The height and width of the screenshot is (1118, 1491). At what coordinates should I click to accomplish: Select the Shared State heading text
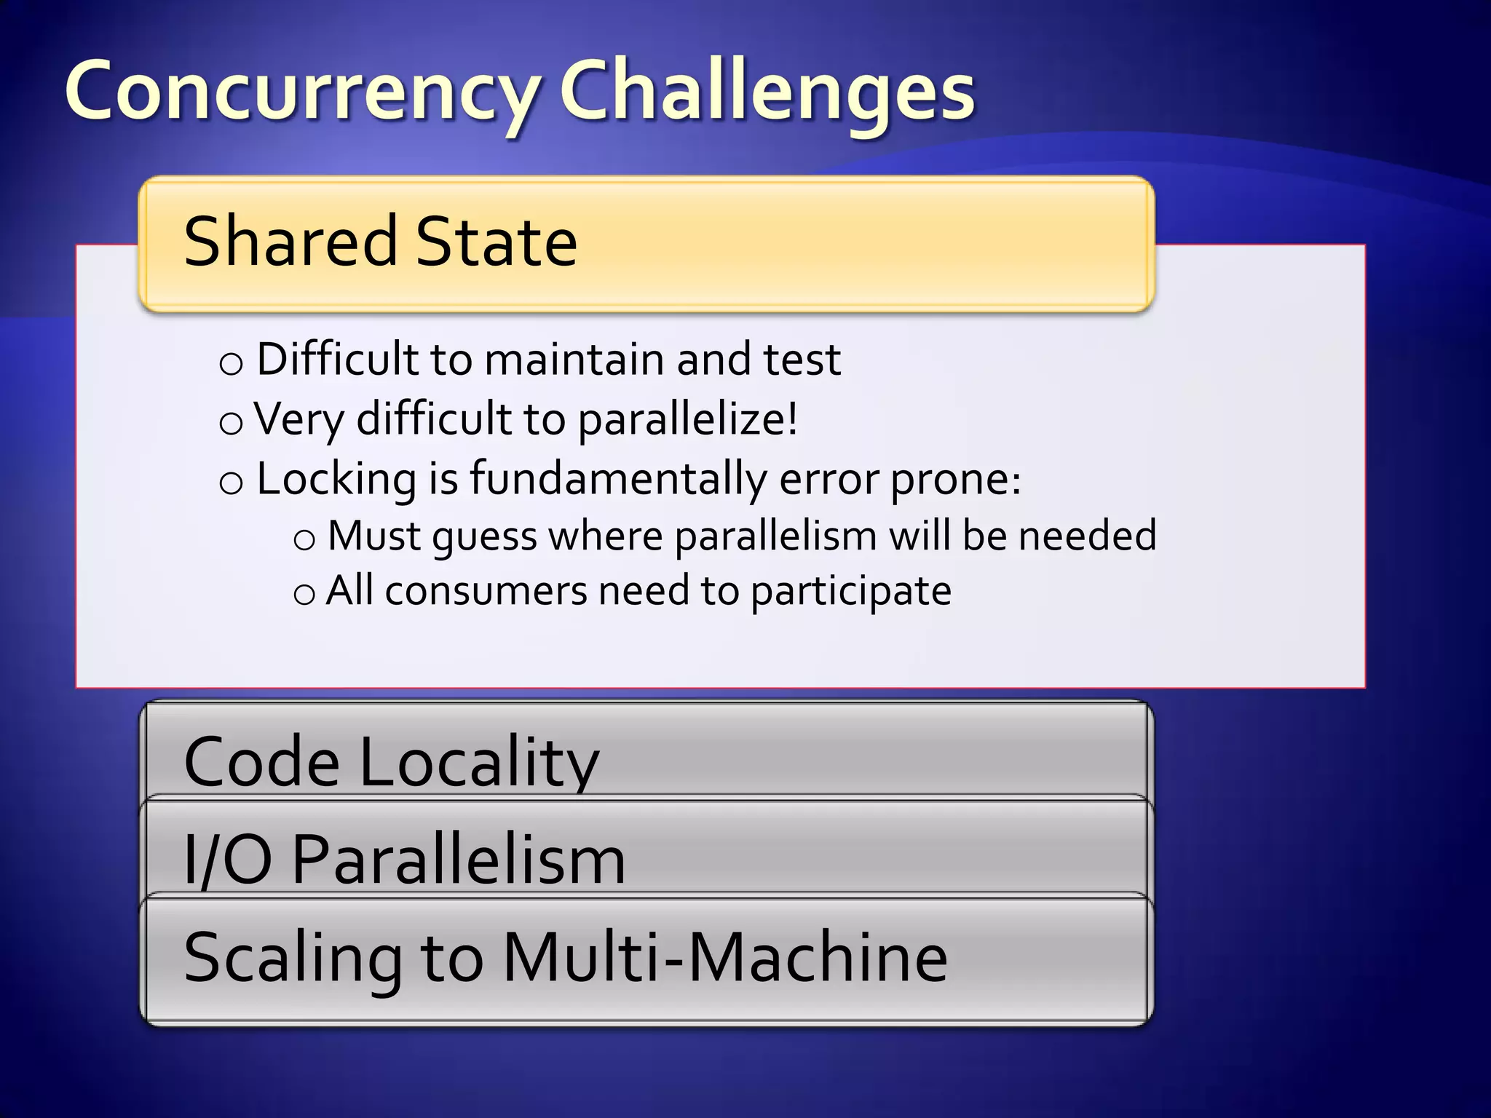coord(380,241)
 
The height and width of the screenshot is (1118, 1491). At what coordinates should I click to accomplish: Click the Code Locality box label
coord(391,761)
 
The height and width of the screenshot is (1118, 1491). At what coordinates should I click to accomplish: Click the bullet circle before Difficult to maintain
coord(231,362)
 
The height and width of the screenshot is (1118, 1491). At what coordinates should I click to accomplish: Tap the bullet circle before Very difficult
coord(231,422)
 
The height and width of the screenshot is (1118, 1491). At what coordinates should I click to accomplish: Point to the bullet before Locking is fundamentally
coord(231,482)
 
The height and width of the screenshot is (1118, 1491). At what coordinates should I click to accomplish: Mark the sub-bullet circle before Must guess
coord(304,539)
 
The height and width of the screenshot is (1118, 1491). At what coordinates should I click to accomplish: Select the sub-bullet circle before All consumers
coord(304,594)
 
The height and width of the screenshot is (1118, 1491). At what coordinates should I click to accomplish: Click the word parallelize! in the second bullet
coord(687,419)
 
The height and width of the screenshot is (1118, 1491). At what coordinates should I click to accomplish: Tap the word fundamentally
coord(617,479)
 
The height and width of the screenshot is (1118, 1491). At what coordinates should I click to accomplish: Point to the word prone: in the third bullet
coord(956,480)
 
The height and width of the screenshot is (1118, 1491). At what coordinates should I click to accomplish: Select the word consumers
coord(486,591)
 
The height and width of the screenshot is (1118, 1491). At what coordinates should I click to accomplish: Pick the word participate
coord(850,591)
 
